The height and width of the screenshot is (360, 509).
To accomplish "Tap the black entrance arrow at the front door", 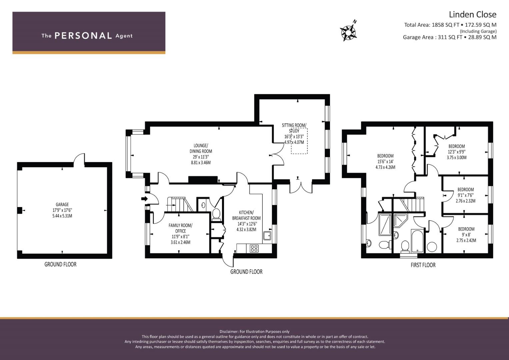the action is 144,199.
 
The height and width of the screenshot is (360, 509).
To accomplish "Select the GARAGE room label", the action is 62,204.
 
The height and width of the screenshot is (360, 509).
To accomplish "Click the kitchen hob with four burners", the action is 254,248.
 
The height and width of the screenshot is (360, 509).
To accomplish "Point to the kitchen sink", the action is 267,236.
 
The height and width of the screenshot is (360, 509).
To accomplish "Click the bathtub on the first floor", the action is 417,241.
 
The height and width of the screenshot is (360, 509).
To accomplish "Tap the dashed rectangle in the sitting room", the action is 299,141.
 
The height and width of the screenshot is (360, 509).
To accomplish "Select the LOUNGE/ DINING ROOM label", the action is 201,148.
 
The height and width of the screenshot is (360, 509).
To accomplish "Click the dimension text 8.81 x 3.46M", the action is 201,163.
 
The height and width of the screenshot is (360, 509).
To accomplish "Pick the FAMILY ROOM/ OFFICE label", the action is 180,228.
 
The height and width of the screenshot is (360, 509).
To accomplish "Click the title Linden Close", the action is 472,15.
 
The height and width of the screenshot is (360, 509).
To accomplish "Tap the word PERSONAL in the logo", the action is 83,36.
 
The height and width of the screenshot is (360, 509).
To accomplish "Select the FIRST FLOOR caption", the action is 423,265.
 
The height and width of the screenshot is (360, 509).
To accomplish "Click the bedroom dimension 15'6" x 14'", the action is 385,162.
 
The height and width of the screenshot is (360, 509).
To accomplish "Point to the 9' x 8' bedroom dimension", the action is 466,235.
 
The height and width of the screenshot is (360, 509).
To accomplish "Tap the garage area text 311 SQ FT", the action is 450,37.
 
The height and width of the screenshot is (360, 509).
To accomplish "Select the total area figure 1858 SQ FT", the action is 445,25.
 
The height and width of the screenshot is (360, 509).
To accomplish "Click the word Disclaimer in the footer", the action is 229,332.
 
